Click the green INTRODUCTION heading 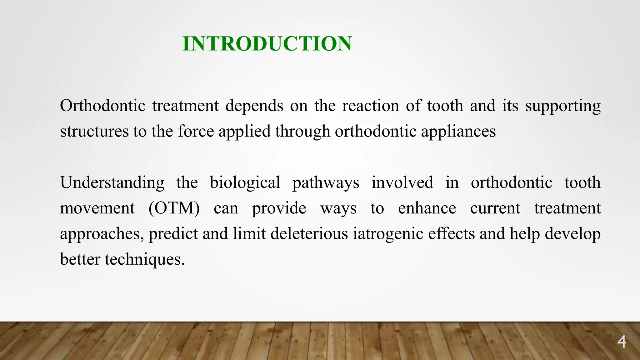(267, 43)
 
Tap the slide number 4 (622, 342)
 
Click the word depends (254, 106)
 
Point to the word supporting (563, 106)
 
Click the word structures (94, 131)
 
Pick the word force (196, 131)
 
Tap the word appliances (458, 132)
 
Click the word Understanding (112, 183)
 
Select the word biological (245, 183)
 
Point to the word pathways (326, 183)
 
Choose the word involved (402, 182)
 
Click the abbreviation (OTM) (174, 208)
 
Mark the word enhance (427, 208)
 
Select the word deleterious (309, 234)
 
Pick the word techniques (144, 259)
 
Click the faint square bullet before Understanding (42, 183)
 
